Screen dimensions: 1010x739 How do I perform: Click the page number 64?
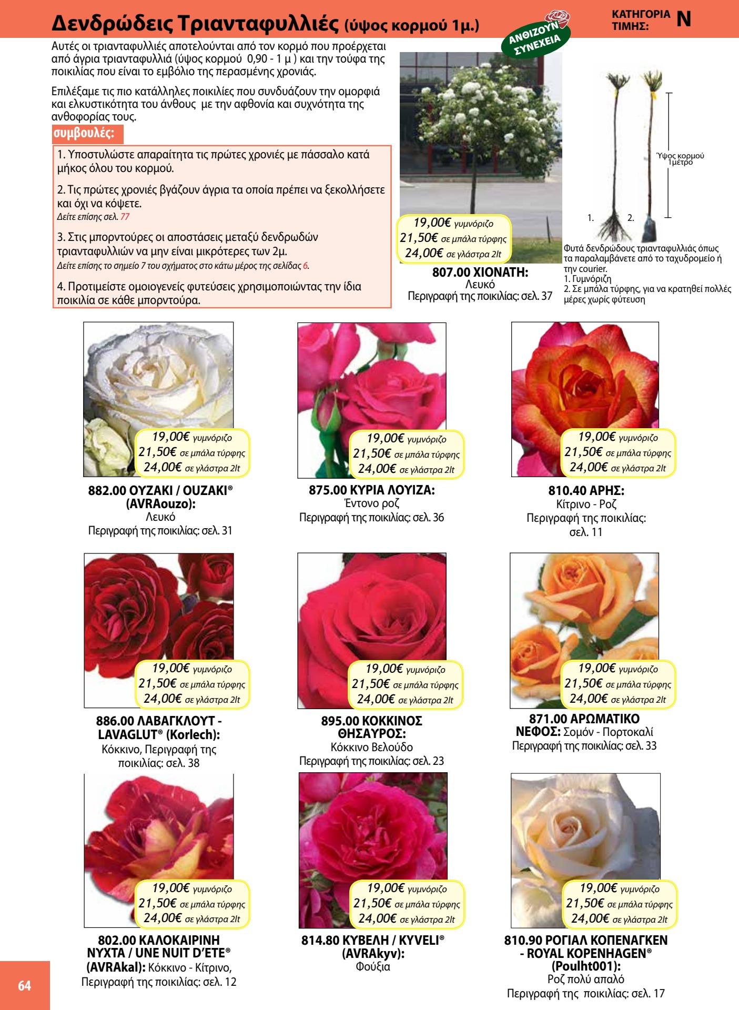24,985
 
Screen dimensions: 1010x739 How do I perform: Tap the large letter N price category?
684,19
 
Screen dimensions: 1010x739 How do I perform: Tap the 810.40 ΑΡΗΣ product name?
586,491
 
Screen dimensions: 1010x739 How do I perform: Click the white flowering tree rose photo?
480,132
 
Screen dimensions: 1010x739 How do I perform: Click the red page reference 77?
124,216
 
